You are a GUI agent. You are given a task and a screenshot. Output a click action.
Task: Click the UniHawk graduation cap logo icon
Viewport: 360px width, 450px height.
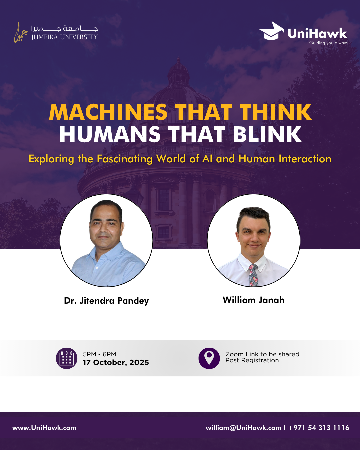pyautogui.click(x=271, y=31)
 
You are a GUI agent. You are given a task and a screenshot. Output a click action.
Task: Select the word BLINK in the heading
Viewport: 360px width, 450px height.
pyautogui.click(x=267, y=135)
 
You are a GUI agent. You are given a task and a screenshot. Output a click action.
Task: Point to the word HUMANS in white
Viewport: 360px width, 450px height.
pyautogui.click(x=110, y=135)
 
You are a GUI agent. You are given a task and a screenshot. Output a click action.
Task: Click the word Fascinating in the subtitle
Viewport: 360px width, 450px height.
pyautogui.click(x=124, y=159)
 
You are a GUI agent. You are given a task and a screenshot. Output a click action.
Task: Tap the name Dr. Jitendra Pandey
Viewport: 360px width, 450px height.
pyautogui.click(x=106, y=301)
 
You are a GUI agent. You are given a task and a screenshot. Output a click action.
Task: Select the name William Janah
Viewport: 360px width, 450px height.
pyautogui.click(x=253, y=300)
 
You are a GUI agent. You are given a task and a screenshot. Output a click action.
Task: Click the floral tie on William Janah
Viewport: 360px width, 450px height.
pyautogui.click(x=253, y=275)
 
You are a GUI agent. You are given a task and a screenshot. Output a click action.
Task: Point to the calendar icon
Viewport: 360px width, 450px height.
pyautogui.click(x=67, y=358)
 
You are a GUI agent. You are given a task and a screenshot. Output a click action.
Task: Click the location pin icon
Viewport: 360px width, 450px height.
pyautogui.click(x=209, y=358)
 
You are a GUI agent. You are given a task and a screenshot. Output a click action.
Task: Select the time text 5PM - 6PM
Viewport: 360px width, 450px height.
pyautogui.click(x=99, y=354)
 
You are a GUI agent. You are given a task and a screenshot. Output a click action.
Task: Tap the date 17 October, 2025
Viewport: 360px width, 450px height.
pyautogui.click(x=116, y=363)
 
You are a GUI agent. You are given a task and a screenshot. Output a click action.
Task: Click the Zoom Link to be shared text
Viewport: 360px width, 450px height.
pyautogui.click(x=262, y=354)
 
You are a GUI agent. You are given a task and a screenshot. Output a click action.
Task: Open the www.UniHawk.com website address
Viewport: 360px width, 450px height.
pyautogui.click(x=44, y=428)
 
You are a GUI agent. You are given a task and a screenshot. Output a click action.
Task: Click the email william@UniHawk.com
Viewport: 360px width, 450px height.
pyautogui.click(x=243, y=428)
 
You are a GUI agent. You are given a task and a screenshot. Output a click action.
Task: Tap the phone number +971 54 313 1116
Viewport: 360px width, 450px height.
pyautogui.click(x=319, y=428)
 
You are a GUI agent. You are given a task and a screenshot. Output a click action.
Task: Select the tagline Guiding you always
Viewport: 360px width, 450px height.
pyautogui.click(x=328, y=43)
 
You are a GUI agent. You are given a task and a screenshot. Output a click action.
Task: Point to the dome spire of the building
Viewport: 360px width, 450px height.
pyautogui.click(x=179, y=62)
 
